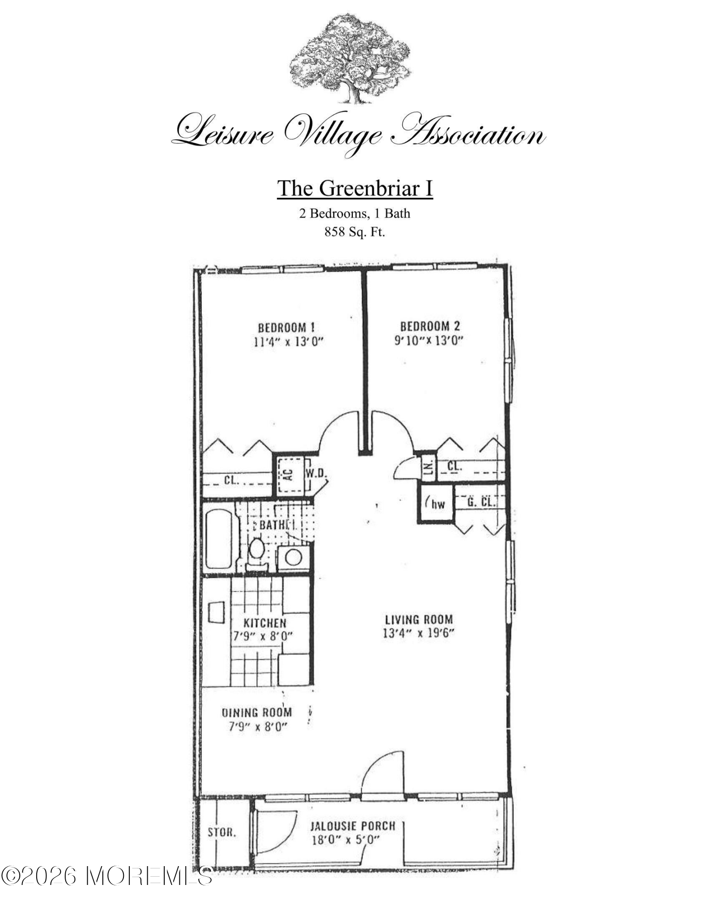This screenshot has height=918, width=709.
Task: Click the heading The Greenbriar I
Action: coord(355,188)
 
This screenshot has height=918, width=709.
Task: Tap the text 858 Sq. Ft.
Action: coord(355,232)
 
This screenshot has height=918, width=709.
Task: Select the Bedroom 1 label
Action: coord(286,328)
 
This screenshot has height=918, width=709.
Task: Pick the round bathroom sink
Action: coord(293,558)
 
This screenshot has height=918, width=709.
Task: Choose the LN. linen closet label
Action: coord(429,468)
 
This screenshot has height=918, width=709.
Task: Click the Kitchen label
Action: coord(265,623)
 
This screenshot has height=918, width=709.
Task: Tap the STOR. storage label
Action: coord(222,832)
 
